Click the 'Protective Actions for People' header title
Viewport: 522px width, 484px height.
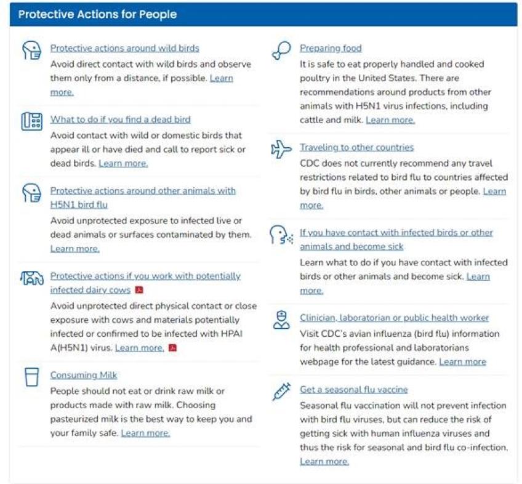(97, 14)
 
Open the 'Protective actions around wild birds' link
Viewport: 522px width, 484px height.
(124, 48)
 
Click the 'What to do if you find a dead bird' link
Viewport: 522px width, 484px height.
(120, 119)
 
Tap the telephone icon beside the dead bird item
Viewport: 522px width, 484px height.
(31, 121)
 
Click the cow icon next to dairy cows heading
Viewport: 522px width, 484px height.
(31, 279)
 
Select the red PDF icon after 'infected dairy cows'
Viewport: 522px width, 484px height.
(139, 290)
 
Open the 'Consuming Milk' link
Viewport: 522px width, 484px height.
(84, 375)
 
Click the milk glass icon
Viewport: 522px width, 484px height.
(31, 377)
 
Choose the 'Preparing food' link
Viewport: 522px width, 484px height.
(331, 48)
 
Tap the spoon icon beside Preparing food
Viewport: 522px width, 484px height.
(281, 50)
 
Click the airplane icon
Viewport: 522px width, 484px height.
(281, 149)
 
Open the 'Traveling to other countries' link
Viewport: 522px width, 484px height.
(356, 147)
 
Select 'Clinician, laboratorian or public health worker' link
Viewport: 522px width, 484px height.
(394, 318)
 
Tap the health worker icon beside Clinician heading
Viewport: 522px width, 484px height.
(281, 320)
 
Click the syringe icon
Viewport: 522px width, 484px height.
(281, 392)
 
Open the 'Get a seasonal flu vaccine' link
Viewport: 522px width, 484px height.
(353, 390)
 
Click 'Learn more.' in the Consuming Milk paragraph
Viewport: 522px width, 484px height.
(145, 433)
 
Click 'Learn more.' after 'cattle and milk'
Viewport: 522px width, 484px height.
(390, 120)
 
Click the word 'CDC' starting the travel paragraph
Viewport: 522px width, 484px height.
(310, 163)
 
